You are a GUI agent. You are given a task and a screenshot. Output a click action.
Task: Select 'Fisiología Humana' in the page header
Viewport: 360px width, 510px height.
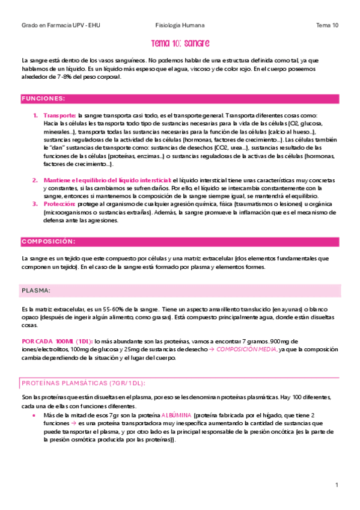(180, 26)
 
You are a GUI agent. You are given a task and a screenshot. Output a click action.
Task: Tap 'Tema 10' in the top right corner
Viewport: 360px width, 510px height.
(327, 26)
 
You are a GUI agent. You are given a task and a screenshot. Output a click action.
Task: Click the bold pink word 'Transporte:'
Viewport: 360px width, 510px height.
(59, 115)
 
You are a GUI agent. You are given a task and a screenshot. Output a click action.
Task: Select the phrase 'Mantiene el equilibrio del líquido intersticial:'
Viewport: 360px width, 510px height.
(107, 180)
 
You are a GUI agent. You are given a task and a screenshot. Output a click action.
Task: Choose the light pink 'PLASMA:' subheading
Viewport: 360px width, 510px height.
(37, 290)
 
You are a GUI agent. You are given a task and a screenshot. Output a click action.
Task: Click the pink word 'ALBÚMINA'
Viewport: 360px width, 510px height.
(177, 416)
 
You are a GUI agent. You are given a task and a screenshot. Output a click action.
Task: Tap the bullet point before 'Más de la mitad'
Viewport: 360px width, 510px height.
(34, 416)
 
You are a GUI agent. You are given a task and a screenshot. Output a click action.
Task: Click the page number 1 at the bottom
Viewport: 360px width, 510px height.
(337, 485)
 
